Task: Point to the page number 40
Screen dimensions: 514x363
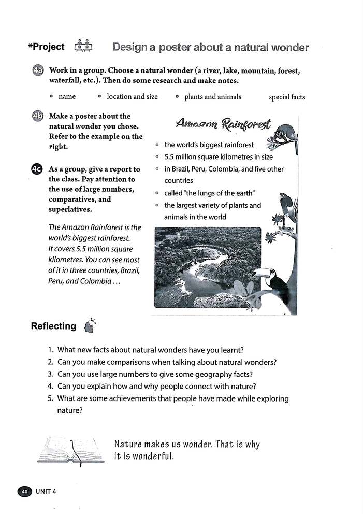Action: point(24,491)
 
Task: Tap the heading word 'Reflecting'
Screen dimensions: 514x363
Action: point(53,326)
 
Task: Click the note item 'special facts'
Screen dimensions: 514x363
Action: point(287,97)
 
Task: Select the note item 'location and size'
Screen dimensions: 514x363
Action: point(132,97)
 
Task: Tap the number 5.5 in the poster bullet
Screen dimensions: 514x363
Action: point(170,156)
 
